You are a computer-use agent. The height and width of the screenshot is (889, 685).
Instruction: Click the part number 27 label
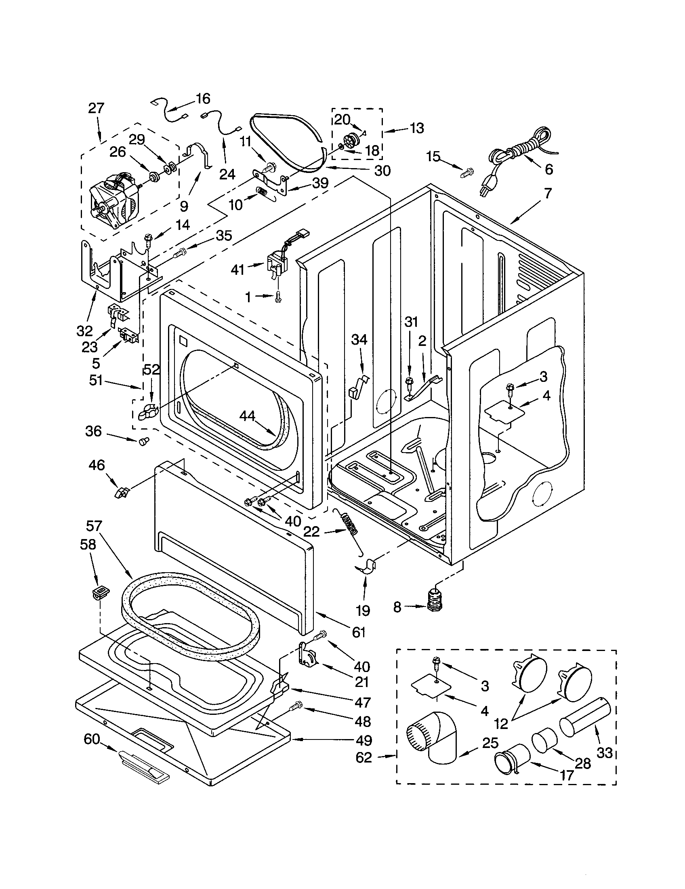pyautogui.click(x=96, y=108)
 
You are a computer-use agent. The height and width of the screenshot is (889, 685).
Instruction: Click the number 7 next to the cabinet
pyautogui.click(x=548, y=193)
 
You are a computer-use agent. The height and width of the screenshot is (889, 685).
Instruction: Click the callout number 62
pyautogui.click(x=364, y=758)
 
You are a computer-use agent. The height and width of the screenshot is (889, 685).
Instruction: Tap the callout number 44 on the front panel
pyautogui.click(x=247, y=415)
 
